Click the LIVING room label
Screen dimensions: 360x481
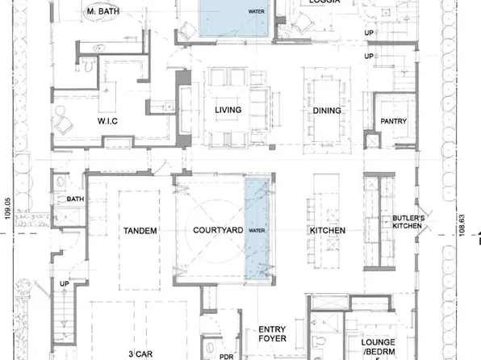tap(224, 110)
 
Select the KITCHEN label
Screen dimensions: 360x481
tap(327, 231)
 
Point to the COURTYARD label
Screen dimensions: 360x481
tap(213, 231)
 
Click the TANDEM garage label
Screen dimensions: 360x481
tap(140, 231)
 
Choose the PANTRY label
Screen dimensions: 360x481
tap(393, 122)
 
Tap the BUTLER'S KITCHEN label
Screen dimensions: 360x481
tap(408, 223)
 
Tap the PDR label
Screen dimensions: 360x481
tap(227, 354)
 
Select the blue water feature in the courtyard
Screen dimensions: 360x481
tap(256, 229)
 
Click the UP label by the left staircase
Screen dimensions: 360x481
tap(65, 283)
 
